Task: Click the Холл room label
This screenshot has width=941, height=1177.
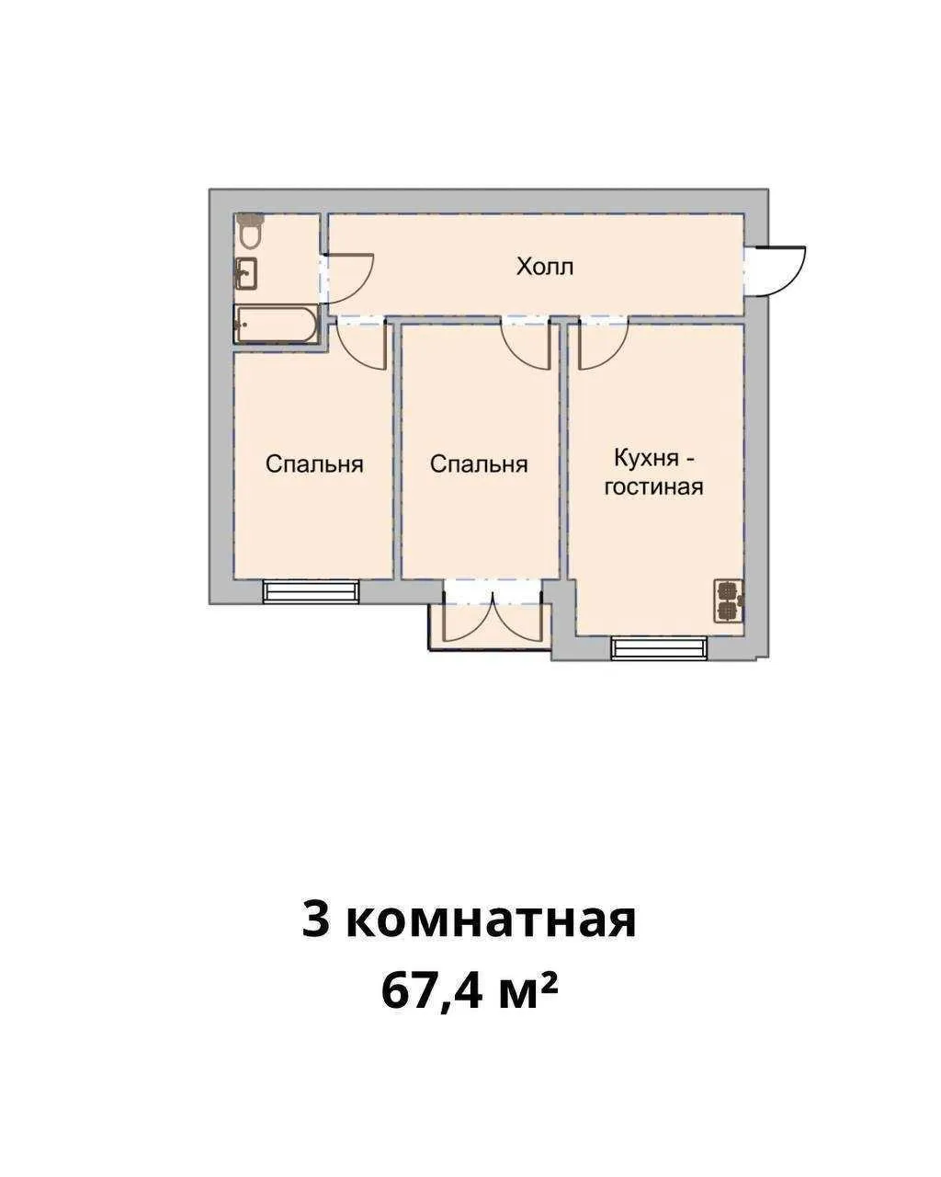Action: (544, 268)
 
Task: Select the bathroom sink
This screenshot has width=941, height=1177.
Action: (245, 274)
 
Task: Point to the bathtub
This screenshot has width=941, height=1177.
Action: (277, 325)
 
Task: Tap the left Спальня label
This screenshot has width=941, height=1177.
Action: (314, 464)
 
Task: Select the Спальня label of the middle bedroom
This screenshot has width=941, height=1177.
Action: (479, 464)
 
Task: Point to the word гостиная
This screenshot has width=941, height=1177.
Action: (653, 486)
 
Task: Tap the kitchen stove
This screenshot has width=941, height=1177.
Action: (729, 600)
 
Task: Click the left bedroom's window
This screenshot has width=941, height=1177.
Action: (310, 591)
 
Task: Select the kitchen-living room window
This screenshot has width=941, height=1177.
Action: (661, 648)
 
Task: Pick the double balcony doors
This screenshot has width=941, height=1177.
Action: (493, 618)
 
